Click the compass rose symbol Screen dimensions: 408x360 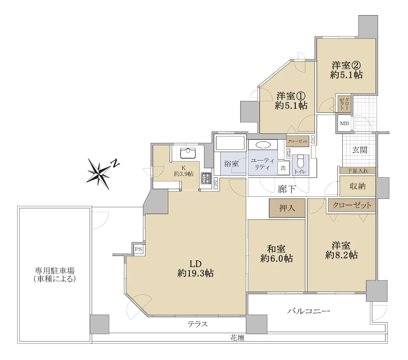click(99, 174)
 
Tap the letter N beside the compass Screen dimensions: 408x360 click(115, 163)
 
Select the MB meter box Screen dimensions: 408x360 click(344, 123)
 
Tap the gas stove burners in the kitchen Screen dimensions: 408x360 click(206, 178)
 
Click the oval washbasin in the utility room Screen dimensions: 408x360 click(263, 145)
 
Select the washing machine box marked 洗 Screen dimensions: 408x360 click(283, 168)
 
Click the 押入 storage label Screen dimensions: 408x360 click(287, 208)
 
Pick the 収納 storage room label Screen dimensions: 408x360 click(357, 186)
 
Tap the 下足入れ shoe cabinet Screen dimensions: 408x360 click(358, 171)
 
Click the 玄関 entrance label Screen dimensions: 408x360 click(360, 150)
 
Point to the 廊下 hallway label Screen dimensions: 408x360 click(287, 189)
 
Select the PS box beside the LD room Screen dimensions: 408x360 click(138, 249)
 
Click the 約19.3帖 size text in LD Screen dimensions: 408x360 click(195, 274)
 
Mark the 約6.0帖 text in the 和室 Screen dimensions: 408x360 click(276, 259)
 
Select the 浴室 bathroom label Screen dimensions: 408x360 click(232, 164)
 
